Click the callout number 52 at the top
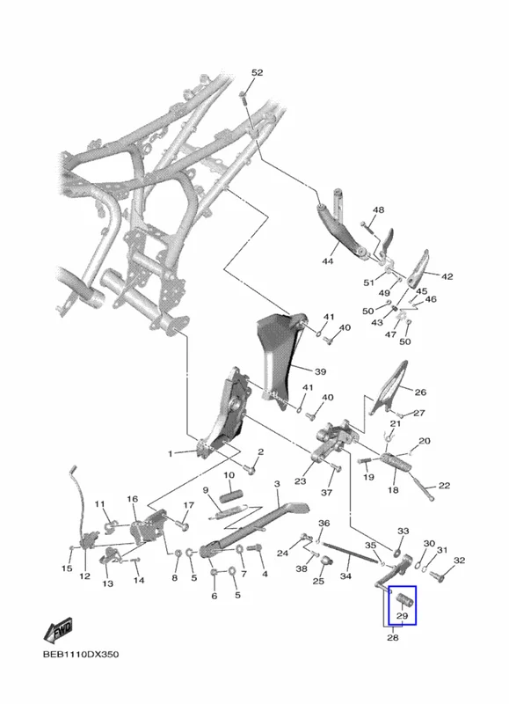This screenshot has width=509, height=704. [x=257, y=73]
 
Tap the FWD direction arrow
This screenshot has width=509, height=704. [x=58, y=631]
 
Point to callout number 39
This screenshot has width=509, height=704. [x=320, y=371]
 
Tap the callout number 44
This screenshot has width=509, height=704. [x=328, y=260]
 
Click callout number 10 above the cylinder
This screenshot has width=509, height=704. [x=229, y=475]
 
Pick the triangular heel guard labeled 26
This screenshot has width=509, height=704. [x=389, y=387]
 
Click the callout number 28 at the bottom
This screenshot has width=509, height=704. [x=393, y=637]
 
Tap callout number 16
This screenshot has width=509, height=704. [x=132, y=499]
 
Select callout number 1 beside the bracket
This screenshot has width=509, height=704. [x=170, y=454]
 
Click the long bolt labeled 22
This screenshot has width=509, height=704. [x=423, y=488]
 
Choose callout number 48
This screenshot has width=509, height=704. [x=379, y=209]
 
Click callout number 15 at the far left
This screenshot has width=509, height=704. [x=67, y=568]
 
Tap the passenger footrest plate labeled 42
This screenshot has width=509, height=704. [x=418, y=268]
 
